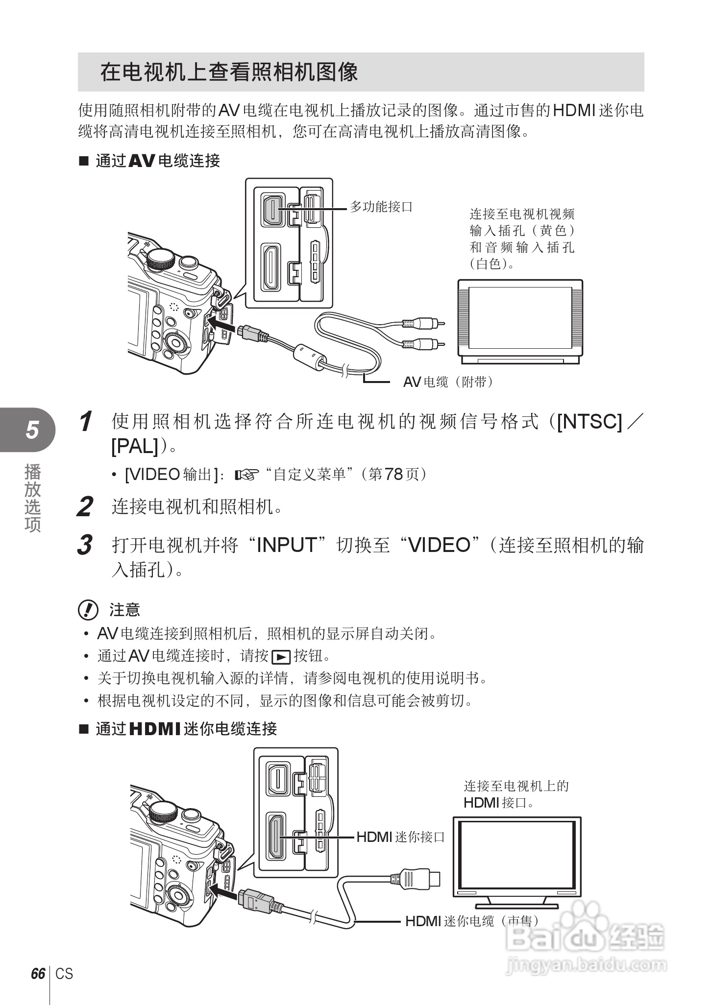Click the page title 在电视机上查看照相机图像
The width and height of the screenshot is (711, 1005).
[229, 72]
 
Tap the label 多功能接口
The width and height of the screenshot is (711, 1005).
[381, 207]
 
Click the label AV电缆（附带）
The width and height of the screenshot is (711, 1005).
[447, 382]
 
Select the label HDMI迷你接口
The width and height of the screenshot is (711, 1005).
[400, 837]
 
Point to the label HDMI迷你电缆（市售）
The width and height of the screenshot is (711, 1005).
[471, 921]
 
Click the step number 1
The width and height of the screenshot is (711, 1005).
[86, 422]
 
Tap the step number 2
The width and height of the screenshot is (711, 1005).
[85, 507]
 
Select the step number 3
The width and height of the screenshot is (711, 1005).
[85, 545]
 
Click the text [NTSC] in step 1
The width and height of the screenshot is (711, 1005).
[589, 422]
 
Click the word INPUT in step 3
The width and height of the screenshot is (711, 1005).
[287, 545]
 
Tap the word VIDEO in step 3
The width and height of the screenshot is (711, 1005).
[439, 545]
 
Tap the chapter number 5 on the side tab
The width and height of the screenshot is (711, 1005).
[32, 430]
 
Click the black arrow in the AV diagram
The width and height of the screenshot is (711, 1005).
[221, 324]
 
